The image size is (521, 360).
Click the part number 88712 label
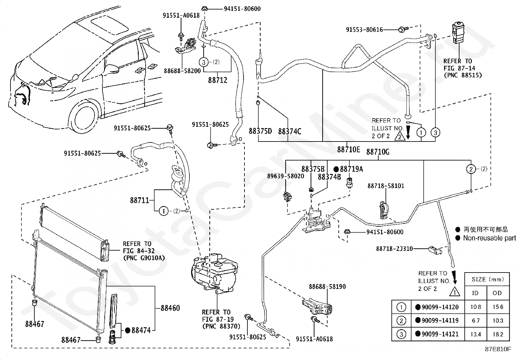pos(218,80)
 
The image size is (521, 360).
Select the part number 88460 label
pos(170,308)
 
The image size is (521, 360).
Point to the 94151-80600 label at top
pos(242,9)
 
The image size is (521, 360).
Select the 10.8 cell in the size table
pos(476,307)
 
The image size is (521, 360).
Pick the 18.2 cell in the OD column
pos(498,334)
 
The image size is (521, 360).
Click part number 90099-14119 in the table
pos(440,320)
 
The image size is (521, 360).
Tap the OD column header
pos(497,293)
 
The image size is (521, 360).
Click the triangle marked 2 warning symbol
pos(400,136)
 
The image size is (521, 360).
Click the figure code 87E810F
pos(498,349)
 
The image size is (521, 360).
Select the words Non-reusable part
pos(489,238)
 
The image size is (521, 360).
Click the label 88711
pos(139,200)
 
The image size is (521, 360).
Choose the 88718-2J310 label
pos(394,249)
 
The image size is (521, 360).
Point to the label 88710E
pos(349,149)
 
